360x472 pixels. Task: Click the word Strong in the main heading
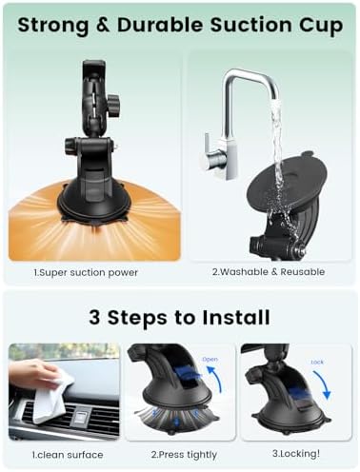(53, 26)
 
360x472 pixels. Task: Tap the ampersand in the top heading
(103, 25)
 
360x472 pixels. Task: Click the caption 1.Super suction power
(86, 272)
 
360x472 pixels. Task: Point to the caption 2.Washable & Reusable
(269, 272)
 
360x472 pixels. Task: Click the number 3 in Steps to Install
(94, 317)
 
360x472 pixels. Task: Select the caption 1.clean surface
(68, 455)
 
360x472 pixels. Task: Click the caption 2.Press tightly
(184, 455)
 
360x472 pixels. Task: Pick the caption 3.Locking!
(296, 454)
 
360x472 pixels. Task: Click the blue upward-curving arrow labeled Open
(215, 380)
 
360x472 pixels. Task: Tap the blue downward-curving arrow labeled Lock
(322, 384)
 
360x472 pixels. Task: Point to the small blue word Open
(210, 360)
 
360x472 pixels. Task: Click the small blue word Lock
(317, 362)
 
